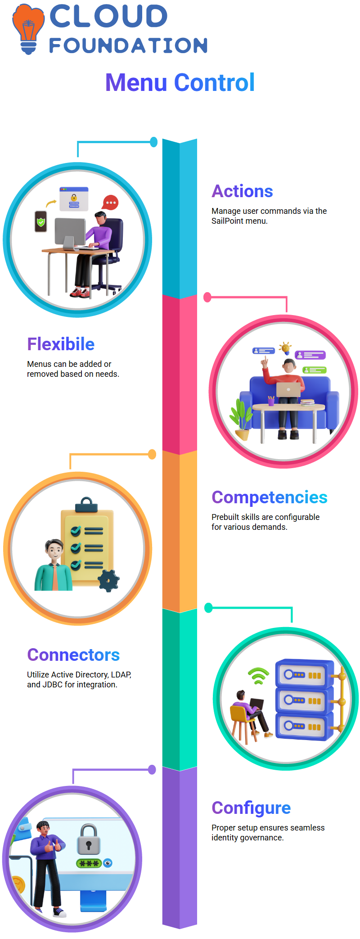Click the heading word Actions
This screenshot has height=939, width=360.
(x=242, y=191)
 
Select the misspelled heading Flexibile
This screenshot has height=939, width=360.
(x=61, y=344)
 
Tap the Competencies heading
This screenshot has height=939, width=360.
(x=270, y=497)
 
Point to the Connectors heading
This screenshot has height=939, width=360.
(x=73, y=655)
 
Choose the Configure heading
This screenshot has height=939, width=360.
(x=251, y=808)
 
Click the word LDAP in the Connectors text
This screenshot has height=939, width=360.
(x=121, y=675)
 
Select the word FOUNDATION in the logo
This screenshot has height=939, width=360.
(x=128, y=45)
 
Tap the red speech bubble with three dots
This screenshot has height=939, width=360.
(x=110, y=203)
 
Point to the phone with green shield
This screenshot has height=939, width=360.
(x=41, y=221)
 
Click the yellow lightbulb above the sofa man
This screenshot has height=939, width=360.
(x=285, y=348)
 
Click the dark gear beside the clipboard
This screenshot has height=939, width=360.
(x=108, y=581)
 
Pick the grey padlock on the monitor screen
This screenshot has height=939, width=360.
(x=88, y=840)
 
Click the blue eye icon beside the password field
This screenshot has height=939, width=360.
(x=108, y=863)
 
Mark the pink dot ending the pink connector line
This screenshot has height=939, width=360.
(x=207, y=297)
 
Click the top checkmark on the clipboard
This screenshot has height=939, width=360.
(x=76, y=531)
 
